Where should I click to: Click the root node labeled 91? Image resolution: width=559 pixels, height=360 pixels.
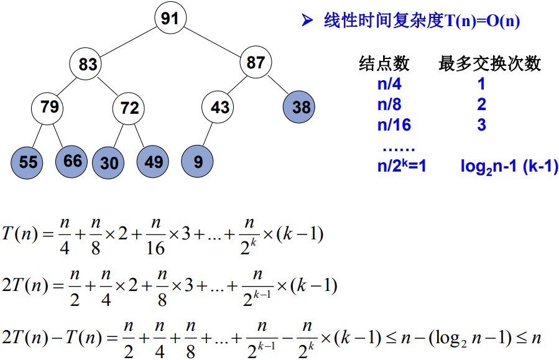click(x=170, y=18)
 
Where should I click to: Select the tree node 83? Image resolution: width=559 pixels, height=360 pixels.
click(x=88, y=64)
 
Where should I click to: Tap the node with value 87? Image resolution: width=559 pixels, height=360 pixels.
click(x=256, y=62)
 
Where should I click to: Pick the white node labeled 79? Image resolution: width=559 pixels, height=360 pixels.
click(x=49, y=107)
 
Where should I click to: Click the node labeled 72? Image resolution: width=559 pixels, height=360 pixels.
click(x=129, y=108)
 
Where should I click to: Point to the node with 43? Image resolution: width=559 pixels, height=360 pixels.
click(x=219, y=108)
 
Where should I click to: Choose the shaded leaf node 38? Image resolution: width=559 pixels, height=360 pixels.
click(x=301, y=107)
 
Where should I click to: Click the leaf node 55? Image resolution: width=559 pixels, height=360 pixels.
click(x=28, y=162)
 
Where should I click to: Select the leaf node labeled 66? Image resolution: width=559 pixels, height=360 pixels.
click(x=72, y=161)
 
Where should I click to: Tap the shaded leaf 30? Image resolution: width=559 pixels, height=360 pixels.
click(x=109, y=163)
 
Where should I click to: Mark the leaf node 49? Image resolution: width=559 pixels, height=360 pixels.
click(x=153, y=161)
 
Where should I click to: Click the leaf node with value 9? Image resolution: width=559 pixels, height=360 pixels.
click(x=198, y=162)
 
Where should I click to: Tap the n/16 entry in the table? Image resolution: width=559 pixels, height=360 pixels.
click(x=394, y=124)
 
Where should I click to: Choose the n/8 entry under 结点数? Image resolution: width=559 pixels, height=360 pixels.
click(x=389, y=104)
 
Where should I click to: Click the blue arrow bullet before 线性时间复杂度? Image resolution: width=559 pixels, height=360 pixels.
click(x=307, y=21)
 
